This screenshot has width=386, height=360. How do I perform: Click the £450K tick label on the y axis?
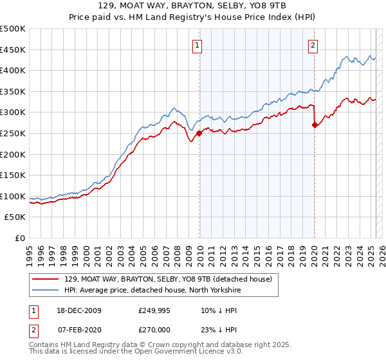click(13, 50)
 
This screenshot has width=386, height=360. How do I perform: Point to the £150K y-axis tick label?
click(13, 175)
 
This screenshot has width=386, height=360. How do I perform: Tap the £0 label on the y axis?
click(20, 238)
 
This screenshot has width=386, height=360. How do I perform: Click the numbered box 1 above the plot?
click(196, 45)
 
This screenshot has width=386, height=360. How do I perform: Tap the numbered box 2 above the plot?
click(313, 45)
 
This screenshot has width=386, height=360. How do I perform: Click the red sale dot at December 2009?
click(199, 133)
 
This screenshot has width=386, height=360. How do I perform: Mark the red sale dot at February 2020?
click(315, 125)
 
